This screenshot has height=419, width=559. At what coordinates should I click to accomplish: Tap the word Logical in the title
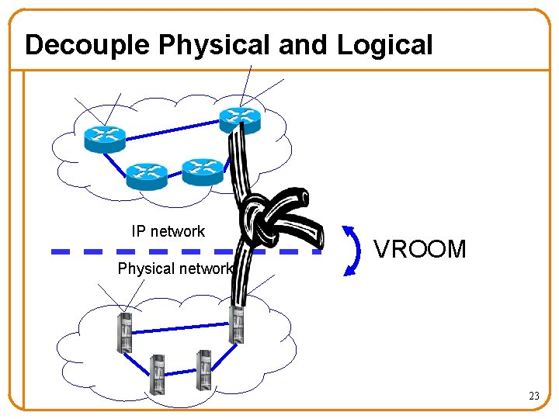pyautogui.click(x=384, y=45)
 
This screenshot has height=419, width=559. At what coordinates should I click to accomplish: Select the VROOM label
pyautogui.click(x=420, y=249)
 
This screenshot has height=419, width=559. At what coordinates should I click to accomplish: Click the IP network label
pyautogui.click(x=168, y=231)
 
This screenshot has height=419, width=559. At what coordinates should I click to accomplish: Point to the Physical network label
pyautogui.click(x=175, y=269)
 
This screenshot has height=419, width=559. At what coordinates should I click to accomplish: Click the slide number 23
pyautogui.click(x=533, y=396)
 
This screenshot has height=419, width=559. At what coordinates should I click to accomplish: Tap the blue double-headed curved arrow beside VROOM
pyautogui.click(x=353, y=251)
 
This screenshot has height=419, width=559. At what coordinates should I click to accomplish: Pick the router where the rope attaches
pyautogui.click(x=239, y=119)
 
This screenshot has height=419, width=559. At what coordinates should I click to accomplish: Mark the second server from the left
pyautogui.click(x=158, y=373)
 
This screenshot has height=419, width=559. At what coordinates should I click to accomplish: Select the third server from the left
pyautogui.click(x=203, y=369)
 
